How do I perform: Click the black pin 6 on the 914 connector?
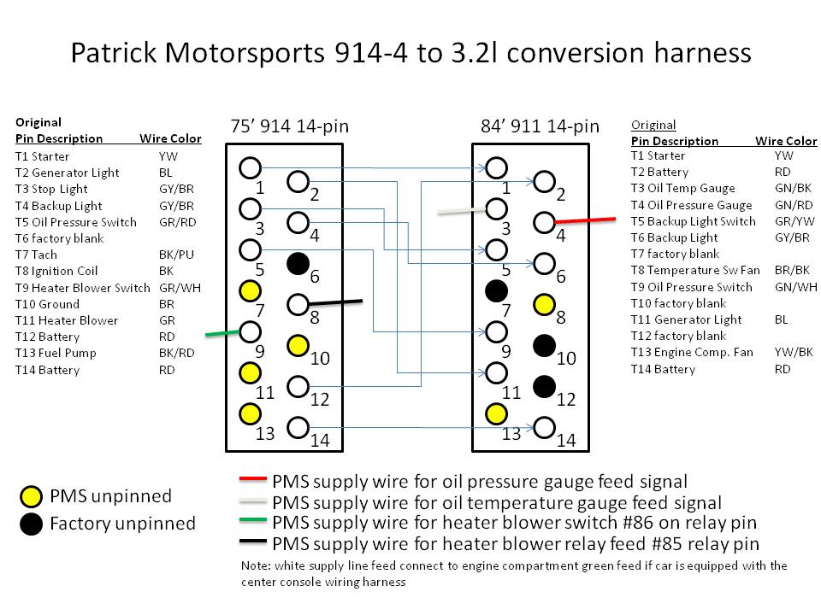coord(298,263)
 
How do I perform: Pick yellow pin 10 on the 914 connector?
coord(298,345)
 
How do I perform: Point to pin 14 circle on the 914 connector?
coord(298,426)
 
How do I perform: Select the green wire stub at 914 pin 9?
coord(222,333)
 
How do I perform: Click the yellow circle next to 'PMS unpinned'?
coord(31,495)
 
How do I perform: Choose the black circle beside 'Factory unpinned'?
coord(31,524)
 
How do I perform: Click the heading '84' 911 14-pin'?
coord(540,126)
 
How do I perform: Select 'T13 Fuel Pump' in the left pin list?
coord(56,353)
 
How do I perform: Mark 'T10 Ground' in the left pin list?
coord(47,304)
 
